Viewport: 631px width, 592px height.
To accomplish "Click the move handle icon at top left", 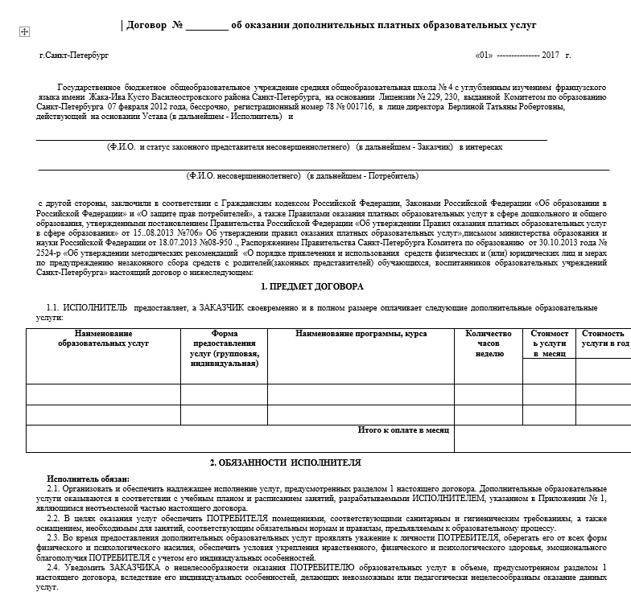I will point(24,31).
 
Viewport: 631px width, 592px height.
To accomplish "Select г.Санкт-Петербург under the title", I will point(72,55).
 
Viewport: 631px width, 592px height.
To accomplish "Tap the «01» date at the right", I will point(484,55).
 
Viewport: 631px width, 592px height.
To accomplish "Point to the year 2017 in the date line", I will point(551,55).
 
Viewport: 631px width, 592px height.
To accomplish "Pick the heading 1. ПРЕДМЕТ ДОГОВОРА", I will point(312,286).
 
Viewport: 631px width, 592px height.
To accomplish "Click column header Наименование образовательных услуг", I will point(103,338).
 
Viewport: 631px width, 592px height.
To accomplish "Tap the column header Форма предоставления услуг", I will point(224,348).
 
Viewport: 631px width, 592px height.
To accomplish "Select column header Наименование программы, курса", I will point(361,333).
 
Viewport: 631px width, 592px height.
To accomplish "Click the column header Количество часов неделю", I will point(489,343).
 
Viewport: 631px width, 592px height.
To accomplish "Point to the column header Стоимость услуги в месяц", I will point(549,343).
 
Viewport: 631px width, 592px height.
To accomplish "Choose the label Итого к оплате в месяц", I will point(402,430).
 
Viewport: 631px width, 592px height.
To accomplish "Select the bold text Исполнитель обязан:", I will point(88,479).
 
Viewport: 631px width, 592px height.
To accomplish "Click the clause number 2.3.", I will point(53,536).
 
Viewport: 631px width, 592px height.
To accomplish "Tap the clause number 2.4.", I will point(53,566).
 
